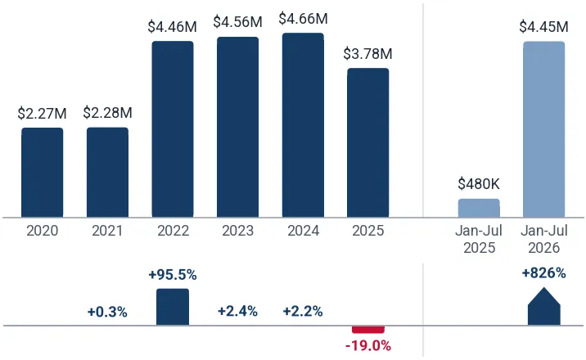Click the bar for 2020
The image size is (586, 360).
tap(43, 173)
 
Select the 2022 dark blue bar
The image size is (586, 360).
tap(173, 129)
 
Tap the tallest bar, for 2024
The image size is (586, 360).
tap(303, 125)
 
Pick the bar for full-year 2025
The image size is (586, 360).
tap(368, 142)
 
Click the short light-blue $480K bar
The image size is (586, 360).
tap(479, 208)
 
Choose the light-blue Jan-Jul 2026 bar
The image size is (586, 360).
tap(543, 129)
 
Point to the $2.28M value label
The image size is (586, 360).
tap(108, 113)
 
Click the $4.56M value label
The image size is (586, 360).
tap(237, 21)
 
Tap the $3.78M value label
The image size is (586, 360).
tap(367, 54)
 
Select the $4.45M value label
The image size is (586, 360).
tap(543, 27)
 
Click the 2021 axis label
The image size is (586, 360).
tap(107, 231)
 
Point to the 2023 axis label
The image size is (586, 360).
tap(237, 231)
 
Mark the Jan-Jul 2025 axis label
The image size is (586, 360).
tap(479, 239)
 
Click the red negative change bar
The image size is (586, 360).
tap(368, 330)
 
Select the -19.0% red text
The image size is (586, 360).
tap(368, 346)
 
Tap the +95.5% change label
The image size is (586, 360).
tap(173, 275)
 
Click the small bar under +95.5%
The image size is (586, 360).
tap(173, 307)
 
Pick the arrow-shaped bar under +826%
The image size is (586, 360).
tap(543, 307)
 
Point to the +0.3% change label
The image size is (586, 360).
tap(107, 312)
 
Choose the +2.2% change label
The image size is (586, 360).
tap(303, 311)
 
